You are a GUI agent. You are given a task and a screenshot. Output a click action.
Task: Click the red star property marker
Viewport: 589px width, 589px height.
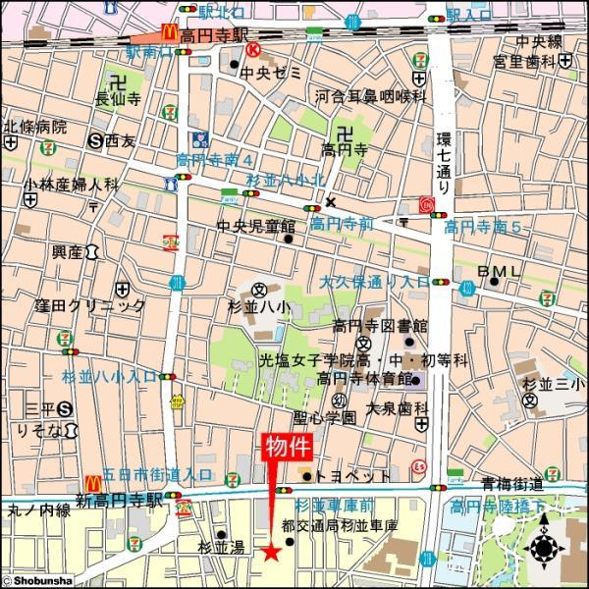pos(271,554)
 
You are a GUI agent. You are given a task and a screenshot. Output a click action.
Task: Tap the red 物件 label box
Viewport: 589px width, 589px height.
pos(287,448)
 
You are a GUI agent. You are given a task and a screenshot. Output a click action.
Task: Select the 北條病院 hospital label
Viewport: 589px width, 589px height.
pos(35,127)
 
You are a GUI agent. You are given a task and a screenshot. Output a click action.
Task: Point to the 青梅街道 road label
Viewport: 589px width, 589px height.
pos(511,483)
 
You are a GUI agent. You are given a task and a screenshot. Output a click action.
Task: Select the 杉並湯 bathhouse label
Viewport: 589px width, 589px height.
pos(219,547)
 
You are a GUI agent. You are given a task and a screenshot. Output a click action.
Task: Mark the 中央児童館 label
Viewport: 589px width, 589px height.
pos(255,226)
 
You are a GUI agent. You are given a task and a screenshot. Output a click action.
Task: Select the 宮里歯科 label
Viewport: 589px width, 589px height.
pos(529,60)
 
